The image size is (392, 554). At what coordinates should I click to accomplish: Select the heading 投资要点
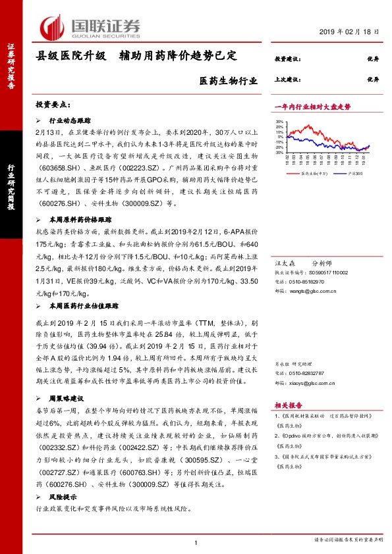coord(51,105)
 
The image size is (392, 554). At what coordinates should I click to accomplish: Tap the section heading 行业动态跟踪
coord(70,121)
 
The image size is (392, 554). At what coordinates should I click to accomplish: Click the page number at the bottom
coord(196,543)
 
